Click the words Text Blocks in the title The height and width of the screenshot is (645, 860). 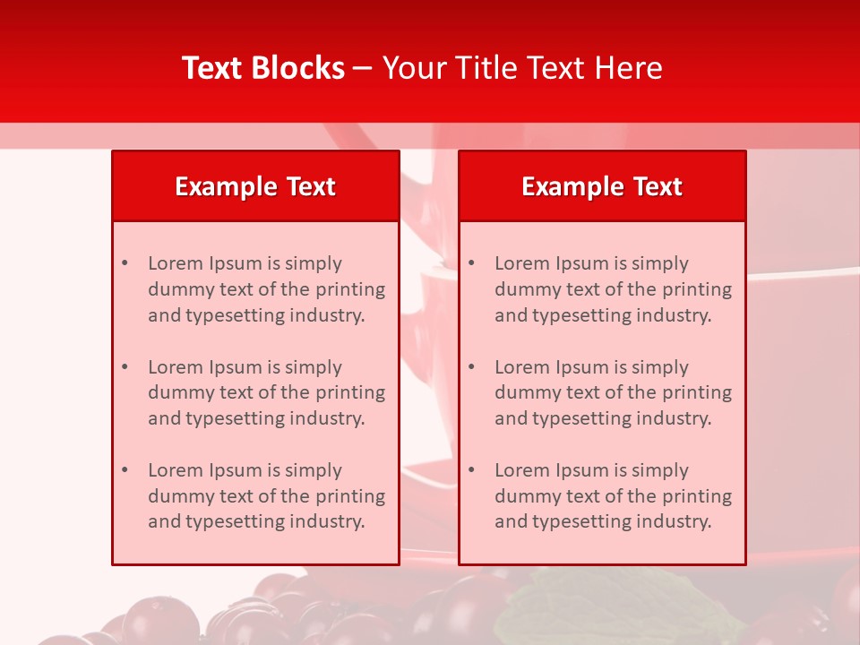pos(262,68)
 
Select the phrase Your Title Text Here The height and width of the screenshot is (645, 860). pos(522,68)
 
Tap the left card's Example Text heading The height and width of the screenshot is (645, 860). pos(255,186)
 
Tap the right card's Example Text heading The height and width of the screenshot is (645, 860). pos(602,186)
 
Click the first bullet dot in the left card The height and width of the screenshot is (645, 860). pos(125,263)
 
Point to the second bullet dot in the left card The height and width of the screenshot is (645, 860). pos(125,367)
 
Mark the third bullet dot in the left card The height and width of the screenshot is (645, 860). pos(125,470)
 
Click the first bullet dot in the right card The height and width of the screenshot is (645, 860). pos(471,263)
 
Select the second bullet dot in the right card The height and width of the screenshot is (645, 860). pos(471,367)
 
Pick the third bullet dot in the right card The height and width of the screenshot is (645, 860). pos(471,470)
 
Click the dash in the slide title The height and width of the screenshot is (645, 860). pos(363,69)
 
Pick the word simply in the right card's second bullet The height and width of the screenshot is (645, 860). pos(660,367)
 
